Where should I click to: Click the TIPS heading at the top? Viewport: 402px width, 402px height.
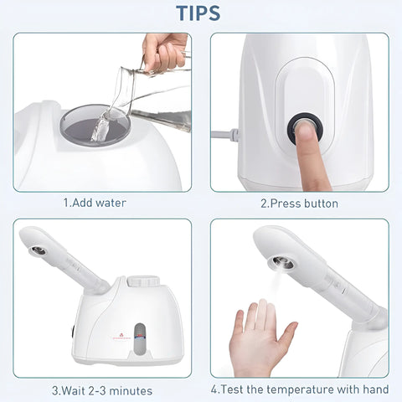tap(198, 13)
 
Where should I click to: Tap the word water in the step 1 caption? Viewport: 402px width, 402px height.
tap(111, 203)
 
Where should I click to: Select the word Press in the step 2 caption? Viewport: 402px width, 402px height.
tap(285, 204)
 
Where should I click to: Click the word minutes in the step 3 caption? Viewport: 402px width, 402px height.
tap(131, 390)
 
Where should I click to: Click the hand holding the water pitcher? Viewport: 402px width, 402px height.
tap(165, 52)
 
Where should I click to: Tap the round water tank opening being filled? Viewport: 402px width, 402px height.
tap(95, 126)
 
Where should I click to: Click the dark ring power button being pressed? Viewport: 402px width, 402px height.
tap(305, 129)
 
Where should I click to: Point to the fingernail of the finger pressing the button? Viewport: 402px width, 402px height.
tap(306, 129)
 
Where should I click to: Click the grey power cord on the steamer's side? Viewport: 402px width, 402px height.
tap(225, 135)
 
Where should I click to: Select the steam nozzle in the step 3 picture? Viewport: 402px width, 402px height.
tap(38, 250)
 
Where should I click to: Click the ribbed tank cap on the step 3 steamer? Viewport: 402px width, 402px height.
tap(143, 281)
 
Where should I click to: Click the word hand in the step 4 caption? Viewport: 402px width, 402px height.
tap(376, 389)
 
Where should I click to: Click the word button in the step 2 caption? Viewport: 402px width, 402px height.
tap(321, 204)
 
